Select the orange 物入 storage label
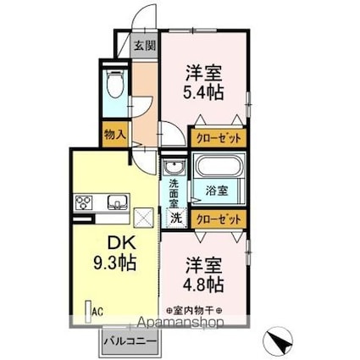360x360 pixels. (x=115, y=133)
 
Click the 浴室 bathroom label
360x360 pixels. (x=217, y=191)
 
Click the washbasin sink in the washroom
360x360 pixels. (x=175, y=166)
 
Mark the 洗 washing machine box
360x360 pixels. (x=175, y=218)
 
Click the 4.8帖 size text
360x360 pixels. (x=203, y=282)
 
